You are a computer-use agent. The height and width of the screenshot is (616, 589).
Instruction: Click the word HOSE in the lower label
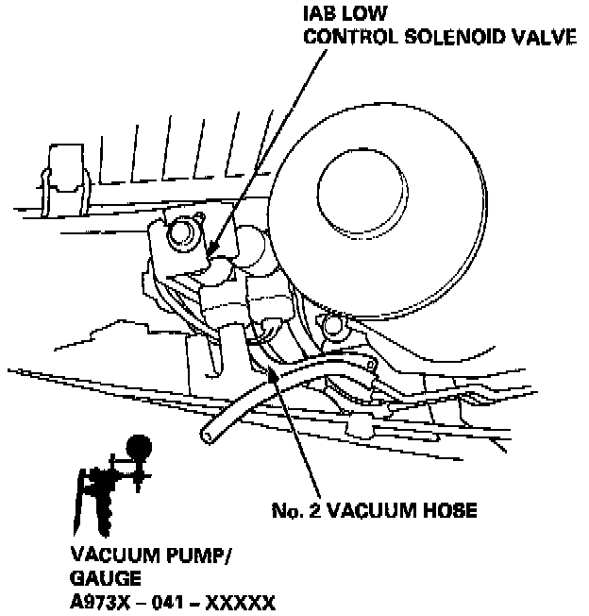(x=449, y=511)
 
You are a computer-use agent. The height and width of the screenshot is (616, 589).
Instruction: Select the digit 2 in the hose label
(x=311, y=511)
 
